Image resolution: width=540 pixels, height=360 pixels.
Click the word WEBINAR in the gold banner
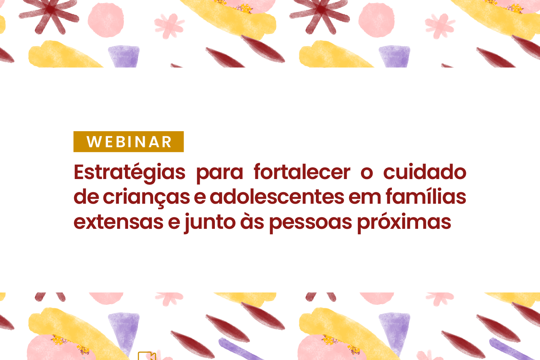click(x=129, y=142)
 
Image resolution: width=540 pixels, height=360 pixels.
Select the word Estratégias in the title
click(x=130, y=172)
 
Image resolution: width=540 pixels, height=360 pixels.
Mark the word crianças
click(x=146, y=198)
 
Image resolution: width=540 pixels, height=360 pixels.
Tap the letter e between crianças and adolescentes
click(x=199, y=198)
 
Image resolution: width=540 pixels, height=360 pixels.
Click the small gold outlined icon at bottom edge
click(x=147, y=356)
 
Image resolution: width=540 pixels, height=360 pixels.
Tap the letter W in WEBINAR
click(x=94, y=142)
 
